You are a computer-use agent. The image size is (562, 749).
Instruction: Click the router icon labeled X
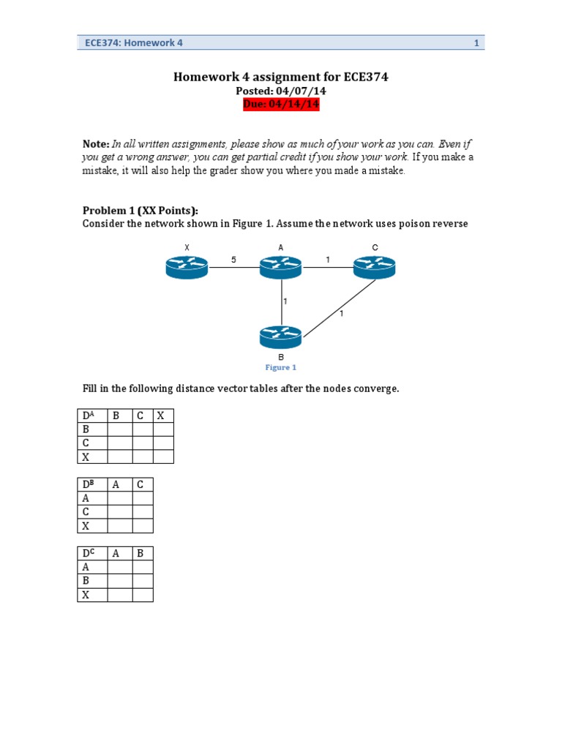[187, 268]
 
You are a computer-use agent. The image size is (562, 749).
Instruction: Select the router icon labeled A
[280, 268]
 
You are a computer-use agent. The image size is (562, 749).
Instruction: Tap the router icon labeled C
[374, 268]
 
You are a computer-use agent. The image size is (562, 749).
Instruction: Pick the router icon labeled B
[280, 337]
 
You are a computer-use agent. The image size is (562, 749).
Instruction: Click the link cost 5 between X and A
[233, 260]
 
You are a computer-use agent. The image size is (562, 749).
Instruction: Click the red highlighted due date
[281, 104]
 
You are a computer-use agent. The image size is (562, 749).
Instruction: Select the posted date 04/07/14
[281, 91]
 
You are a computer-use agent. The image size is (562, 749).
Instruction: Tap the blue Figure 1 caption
[281, 367]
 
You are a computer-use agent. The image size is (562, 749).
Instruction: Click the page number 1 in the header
[476, 43]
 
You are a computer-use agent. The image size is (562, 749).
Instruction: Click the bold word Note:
[96, 144]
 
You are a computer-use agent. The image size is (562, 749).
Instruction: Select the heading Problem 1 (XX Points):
[140, 211]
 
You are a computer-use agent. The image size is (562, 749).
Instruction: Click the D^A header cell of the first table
[92, 416]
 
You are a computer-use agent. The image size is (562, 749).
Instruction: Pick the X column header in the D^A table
[163, 416]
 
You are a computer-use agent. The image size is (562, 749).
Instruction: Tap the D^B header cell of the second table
[92, 485]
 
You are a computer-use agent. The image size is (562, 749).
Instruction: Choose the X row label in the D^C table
[92, 595]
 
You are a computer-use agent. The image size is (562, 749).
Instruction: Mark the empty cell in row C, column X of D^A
[163, 443]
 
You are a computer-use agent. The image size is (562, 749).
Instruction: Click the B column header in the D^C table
[143, 554]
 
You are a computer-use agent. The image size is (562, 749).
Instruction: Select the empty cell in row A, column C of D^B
[143, 499]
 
